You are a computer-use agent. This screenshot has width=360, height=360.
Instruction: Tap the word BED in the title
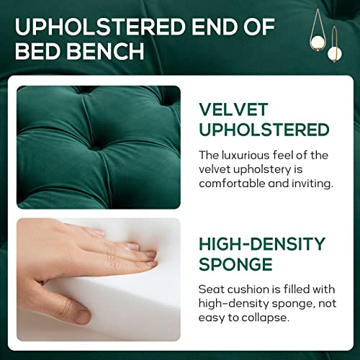[41, 53]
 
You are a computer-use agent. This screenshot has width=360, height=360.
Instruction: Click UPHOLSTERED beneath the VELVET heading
[264, 130]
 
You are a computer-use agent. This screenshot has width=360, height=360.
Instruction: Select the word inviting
[311, 183]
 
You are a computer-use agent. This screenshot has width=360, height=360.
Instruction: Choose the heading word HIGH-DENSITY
[262, 243]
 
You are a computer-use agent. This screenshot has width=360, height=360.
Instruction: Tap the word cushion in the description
[248, 288]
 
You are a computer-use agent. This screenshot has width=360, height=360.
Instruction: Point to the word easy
[212, 317]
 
